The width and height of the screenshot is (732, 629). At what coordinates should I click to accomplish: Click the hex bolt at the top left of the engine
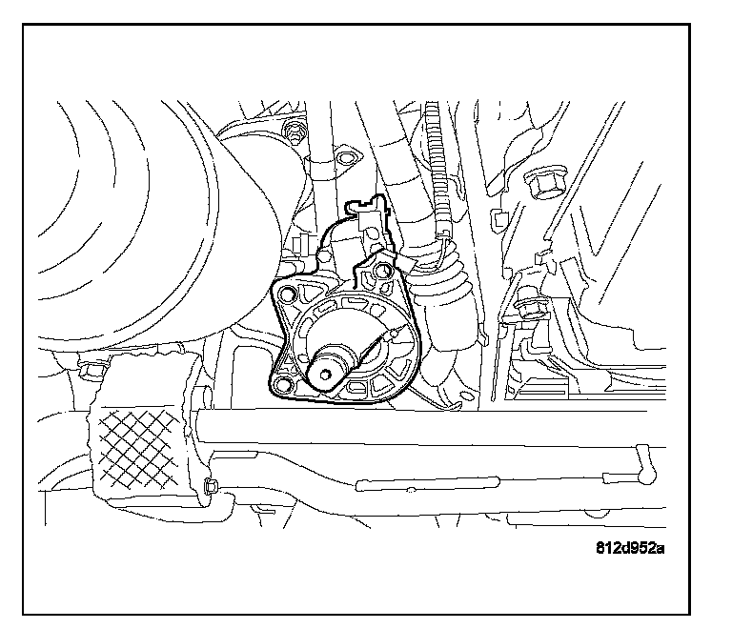pos(295,131)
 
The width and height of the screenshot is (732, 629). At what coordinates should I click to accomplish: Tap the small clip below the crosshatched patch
pos(210,487)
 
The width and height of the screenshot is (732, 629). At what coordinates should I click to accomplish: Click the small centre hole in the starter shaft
pos(328,375)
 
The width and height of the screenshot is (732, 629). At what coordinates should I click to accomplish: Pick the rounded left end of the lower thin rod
pos(360,487)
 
